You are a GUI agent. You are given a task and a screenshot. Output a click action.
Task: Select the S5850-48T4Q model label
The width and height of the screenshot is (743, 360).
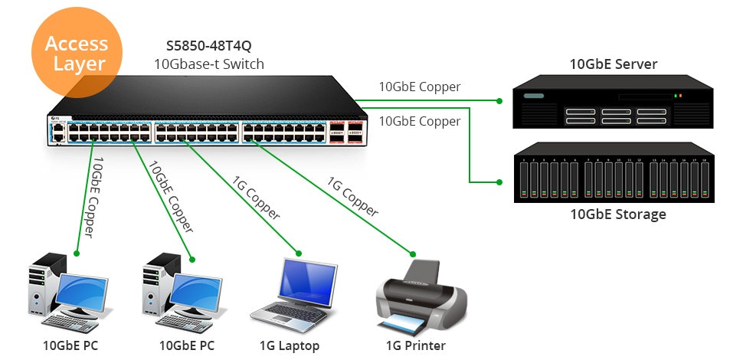208,46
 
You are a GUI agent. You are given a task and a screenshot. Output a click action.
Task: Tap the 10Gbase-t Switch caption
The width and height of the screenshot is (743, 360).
208,64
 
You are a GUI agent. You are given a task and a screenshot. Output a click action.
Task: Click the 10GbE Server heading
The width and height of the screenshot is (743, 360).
614,64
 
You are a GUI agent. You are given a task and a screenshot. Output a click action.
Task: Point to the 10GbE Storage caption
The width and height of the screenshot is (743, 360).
618,214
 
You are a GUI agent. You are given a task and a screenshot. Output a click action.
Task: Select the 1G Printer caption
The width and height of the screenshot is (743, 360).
415,345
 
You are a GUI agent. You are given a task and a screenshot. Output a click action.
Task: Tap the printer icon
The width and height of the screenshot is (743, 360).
421,294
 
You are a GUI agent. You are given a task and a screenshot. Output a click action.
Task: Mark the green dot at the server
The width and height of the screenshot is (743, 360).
499,101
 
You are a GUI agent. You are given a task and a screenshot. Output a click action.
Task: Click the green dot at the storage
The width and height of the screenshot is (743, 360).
499,182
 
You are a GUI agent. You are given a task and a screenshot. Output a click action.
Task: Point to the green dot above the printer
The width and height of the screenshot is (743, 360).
414,254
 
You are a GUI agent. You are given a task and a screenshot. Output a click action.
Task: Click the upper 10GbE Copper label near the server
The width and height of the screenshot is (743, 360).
420,87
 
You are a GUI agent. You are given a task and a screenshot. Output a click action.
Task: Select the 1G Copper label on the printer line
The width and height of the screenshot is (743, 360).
352,197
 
